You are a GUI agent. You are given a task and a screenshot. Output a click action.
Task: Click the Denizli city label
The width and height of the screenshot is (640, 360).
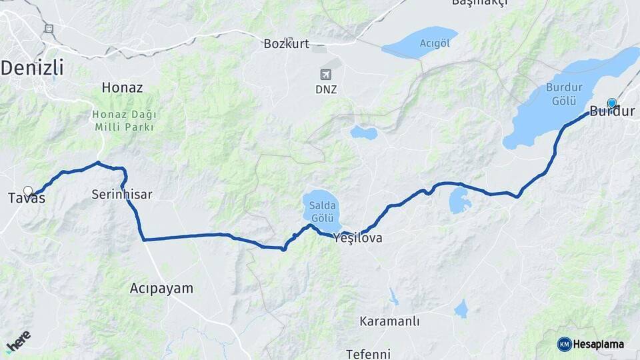coord(31,67)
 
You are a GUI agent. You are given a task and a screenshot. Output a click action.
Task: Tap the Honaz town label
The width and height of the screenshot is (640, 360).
coord(122,87)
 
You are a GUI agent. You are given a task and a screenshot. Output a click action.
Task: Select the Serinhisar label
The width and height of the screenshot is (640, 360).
coord(122,195)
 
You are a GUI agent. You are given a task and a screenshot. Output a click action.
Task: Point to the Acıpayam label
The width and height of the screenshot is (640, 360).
coord(161,289)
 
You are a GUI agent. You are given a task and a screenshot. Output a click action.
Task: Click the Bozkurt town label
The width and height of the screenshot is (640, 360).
coord(287,44)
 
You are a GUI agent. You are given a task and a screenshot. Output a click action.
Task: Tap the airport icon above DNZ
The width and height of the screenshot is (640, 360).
coord(326,74)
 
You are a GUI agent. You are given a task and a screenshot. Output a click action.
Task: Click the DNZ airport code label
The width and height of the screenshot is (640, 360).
coord(326,89)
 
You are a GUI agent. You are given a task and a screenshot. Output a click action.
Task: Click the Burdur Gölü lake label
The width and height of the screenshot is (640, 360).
coord(564,94)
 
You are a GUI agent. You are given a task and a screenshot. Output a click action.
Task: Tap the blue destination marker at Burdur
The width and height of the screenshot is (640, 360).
coord(612,103)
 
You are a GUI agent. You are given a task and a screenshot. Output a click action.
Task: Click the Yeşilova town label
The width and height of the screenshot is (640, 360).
coord(358,237)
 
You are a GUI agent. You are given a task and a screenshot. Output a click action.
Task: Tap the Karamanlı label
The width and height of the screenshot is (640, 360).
coord(389,321)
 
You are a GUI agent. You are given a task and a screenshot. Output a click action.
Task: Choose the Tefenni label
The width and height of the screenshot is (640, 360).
coord(368,353)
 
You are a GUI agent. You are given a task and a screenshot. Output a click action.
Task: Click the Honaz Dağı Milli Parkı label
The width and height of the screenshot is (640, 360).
coord(124,120)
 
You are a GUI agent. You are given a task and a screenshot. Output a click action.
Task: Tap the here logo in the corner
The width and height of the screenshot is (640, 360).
coord(18,341)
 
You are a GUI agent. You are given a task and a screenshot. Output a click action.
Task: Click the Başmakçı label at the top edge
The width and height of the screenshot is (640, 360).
coord(479,3)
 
